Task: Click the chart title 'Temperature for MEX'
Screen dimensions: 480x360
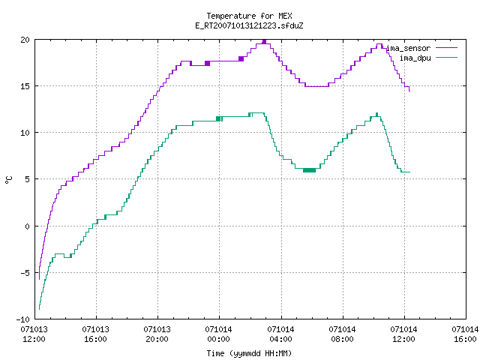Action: (x=249, y=16)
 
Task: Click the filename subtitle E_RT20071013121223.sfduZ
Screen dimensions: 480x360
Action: (x=249, y=25)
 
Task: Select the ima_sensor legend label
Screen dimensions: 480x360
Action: (x=408, y=48)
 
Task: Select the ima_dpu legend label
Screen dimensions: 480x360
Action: (x=415, y=58)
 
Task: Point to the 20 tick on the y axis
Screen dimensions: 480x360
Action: (x=25, y=40)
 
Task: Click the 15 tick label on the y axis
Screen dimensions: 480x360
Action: (x=25, y=86)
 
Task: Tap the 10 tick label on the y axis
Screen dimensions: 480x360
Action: (x=25, y=133)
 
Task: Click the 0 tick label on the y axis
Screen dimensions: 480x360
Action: (x=28, y=226)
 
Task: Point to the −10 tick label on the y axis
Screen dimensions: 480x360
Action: (x=23, y=319)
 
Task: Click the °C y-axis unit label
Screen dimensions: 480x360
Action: (x=9, y=180)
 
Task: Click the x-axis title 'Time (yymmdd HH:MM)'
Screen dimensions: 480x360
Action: (x=249, y=353)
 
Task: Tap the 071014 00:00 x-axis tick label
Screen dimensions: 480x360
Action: (x=219, y=334)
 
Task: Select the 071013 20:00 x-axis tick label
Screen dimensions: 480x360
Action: (x=157, y=334)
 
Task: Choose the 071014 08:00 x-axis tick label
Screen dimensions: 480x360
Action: (x=342, y=334)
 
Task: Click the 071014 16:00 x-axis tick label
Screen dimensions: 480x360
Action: (x=465, y=334)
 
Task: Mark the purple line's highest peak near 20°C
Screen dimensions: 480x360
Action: (x=264, y=42)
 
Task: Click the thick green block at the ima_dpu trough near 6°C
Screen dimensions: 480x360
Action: (x=309, y=170)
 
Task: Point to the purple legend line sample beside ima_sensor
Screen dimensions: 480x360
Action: (x=446, y=48)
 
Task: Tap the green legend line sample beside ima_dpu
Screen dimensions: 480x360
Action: (x=446, y=58)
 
